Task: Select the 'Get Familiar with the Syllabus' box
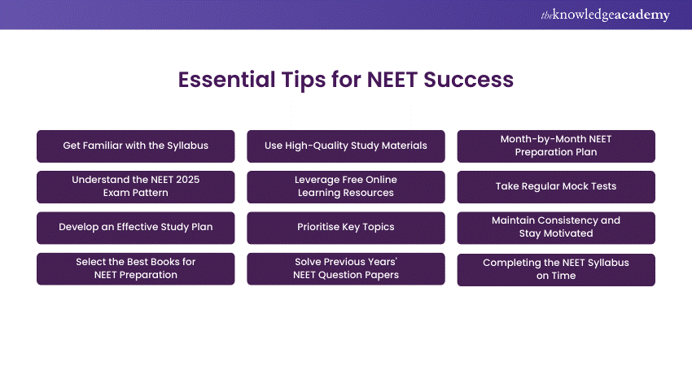[x=135, y=146]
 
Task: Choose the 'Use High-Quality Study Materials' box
[x=346, y=146]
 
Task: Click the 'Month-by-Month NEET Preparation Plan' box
[x=556, y=146]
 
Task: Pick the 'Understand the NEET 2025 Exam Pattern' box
[x=135, y=186]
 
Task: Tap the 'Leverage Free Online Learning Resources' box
[x=346, y=186]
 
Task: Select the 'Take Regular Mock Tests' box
[x=556, y=186]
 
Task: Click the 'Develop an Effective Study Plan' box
[x=135, y=227]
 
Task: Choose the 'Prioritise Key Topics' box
[x=346, y=227]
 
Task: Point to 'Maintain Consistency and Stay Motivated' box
[x=556, y=227]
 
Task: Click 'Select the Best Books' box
[x=135, y=268]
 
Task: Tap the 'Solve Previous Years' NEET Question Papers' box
[x=346, y=268]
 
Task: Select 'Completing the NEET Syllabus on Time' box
[x=556, y=269]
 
